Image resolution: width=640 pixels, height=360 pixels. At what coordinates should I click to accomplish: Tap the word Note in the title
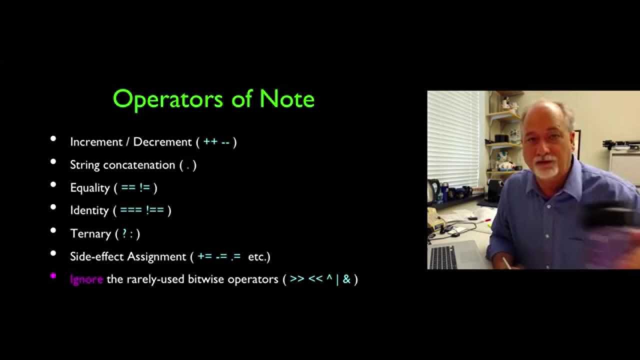coord(287,98)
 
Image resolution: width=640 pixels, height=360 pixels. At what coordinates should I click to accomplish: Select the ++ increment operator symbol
coord(210,142)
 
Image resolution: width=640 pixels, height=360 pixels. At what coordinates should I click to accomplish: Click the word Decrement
coord(162,142)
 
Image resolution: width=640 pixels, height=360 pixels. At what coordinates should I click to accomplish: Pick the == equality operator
coord(128,188)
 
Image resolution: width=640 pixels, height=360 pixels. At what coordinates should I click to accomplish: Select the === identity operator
coord(131,210)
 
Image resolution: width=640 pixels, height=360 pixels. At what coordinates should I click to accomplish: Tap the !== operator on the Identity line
coord(155,210)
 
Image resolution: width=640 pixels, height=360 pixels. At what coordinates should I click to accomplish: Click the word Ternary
coord(90,233)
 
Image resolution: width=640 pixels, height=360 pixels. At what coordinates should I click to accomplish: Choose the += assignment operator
coord(205,256)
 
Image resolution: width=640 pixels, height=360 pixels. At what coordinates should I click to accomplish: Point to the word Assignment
coord(156,256)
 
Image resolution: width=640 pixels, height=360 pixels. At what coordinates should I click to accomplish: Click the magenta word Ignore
coord(86,279)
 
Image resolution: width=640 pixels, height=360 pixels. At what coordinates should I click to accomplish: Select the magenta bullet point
coord(53,275)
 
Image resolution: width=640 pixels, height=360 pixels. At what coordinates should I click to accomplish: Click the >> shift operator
coord(297,279)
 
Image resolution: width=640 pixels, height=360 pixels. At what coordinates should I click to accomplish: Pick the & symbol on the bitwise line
coord(346,279)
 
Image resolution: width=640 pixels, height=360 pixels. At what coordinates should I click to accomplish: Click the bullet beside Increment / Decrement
coord(53,138)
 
